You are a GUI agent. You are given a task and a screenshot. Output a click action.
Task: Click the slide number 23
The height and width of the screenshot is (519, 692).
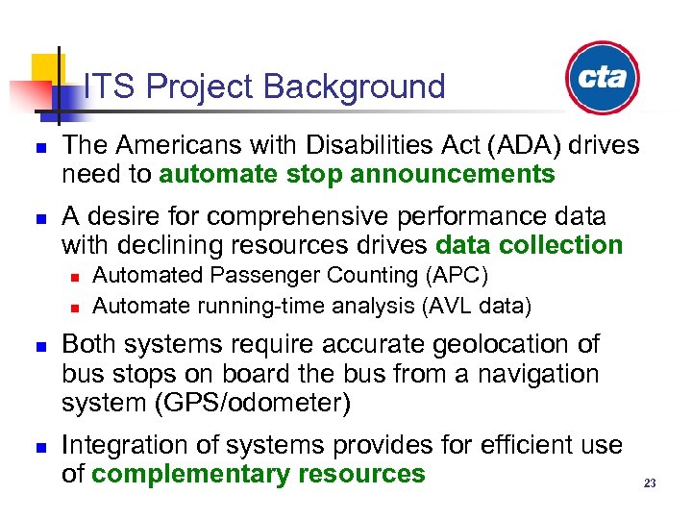[x=650, y=483]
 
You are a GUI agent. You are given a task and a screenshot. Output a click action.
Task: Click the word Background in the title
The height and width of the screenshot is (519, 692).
[x=355, y=87]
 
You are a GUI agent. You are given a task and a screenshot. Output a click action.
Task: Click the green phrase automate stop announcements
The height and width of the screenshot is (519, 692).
[x=357, y=174]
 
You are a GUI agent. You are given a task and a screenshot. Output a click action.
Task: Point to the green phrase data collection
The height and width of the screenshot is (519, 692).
[x=529, y=245]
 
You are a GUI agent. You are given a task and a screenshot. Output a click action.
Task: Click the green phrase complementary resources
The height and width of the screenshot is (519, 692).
[x=258, y=474]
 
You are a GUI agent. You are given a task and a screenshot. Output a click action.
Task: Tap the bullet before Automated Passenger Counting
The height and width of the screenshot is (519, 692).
[x=73, y=278]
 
